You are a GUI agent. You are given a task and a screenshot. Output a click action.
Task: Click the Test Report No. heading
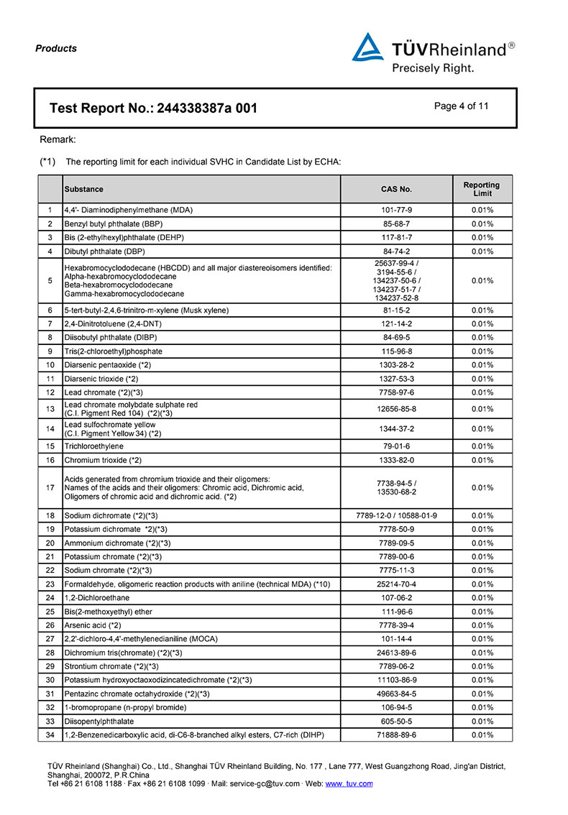[153, 109]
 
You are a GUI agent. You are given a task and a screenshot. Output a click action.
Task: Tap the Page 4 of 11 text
[462, 106]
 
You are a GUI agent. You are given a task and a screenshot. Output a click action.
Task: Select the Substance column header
[84, 189]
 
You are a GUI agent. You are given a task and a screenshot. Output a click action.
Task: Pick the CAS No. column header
[396, 189]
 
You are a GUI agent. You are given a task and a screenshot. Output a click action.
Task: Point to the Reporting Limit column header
[482, 189]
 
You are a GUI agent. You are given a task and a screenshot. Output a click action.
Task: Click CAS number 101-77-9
[396, 210]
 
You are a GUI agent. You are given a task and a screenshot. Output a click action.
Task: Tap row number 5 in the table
[50, 280]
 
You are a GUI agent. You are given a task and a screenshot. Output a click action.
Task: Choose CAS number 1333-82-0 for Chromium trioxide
[396, 460]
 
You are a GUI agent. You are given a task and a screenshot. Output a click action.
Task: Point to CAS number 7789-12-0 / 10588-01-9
[396, 515]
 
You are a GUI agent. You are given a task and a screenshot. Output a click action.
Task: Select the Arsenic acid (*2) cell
[93, 625]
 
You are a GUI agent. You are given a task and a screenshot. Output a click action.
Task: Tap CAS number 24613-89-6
[396, 652]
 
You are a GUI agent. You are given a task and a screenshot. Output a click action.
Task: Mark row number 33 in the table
[50, 721]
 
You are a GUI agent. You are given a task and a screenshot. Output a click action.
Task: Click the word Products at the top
[55, 49]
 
